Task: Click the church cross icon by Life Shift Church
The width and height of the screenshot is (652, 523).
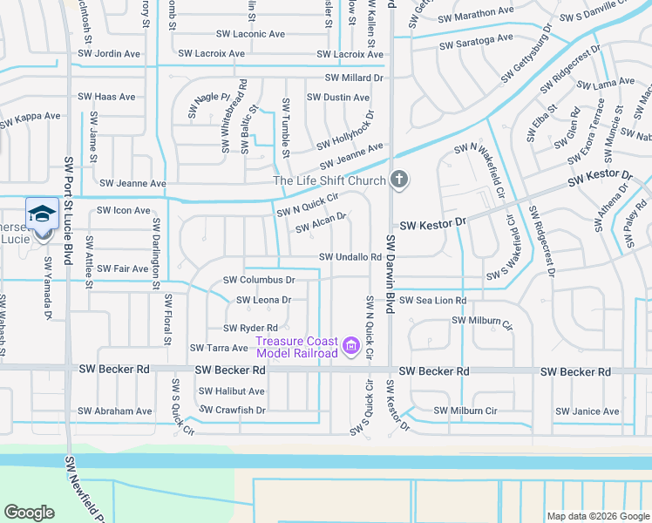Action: pyautogui.click(x=399, y=180)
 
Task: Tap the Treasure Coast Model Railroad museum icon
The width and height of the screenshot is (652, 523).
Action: pyautogui.click(x=351, y=347)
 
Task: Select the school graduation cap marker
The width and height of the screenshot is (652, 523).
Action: pyautogui.click(x=42, y=213)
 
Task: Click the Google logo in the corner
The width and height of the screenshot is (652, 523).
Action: pyautogui.click(x=30, y=513)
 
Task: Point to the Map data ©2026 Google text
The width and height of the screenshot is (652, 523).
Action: pyautogui.click(x=598, y=516)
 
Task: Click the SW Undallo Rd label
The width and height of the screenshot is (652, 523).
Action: pyautogui.click(x=350, y=257)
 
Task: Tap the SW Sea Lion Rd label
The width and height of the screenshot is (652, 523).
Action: pyautogui.click(x=433, y=300)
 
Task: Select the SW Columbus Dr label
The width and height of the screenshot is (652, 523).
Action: pyautogui.click(x=259, y=280)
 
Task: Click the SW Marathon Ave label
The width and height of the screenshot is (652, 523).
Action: pyautogui.click(x=476, y=14)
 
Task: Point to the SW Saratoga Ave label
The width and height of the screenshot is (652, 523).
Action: pyautogui.click(x=476, y=41)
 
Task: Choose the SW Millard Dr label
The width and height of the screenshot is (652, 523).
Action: pyautogui.click(x=354, y=78)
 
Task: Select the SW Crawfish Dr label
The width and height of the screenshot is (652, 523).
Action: pyautogui.click(x=233, y=409)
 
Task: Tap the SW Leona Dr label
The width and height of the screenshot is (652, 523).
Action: pyautogui.click(x=263, y=299)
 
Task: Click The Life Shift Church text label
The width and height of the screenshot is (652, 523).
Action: pyautogui.click(x=329, y=180)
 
